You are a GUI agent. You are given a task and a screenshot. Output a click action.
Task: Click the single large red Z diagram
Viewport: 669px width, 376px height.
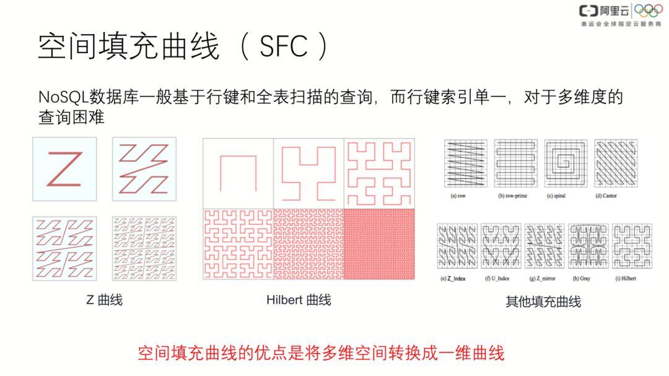click(x=64, y=169)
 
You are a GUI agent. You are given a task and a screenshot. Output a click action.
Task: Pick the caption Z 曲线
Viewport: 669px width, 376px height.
click(x=104, y=300)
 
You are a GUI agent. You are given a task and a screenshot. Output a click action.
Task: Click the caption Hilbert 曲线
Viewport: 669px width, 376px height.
click(x=299, y=300)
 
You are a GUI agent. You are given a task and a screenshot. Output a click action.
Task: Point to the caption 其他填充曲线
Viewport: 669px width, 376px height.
click(x=543, y=302)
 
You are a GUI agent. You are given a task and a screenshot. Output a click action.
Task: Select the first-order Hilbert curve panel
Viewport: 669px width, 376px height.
click(x=238, y=173)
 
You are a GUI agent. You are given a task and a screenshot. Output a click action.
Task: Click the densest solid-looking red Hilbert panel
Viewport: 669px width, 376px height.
click(x=379, y=244)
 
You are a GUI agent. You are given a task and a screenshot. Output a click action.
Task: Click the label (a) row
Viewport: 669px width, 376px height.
click(x=458, y=195)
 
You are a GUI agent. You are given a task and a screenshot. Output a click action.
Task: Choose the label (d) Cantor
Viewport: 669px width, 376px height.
click(x=605, y=195)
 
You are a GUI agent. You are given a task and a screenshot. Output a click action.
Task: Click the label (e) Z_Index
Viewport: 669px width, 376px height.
click(x=452, y=278)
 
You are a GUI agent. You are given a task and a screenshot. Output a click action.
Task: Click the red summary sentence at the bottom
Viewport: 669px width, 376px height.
click(x=320, y=353)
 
